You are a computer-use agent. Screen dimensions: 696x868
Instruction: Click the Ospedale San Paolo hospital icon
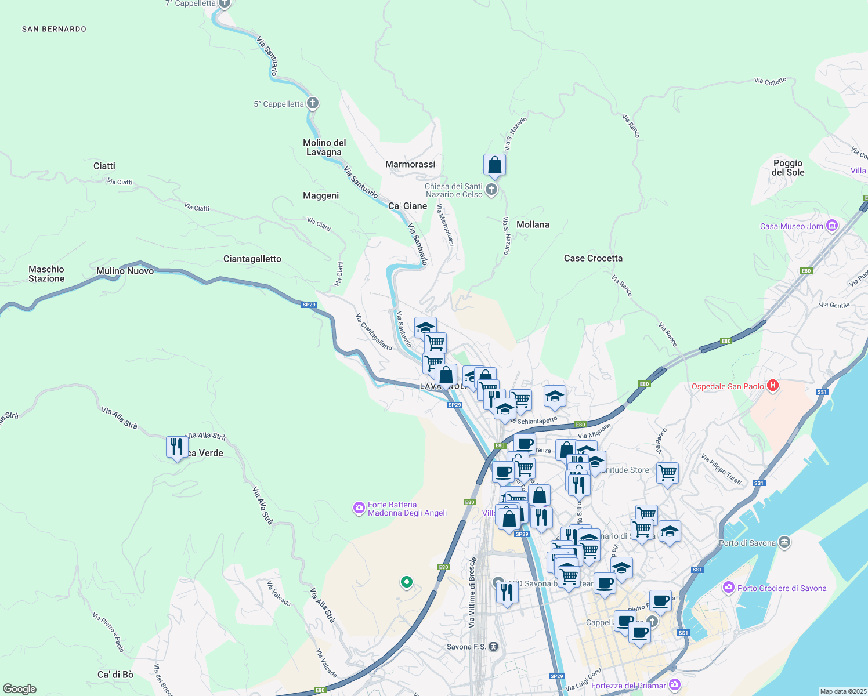[772, 386]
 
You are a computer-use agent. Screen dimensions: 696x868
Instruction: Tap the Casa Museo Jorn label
[791, 226]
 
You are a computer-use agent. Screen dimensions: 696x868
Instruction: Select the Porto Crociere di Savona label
[782, 588]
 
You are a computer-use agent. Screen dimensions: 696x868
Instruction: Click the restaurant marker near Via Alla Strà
[177, 447]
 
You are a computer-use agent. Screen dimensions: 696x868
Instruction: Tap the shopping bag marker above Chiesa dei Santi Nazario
[494, 165]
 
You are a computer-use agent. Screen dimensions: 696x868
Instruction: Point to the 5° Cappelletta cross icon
[313, 104]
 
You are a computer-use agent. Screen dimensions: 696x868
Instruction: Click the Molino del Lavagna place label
[324, 147]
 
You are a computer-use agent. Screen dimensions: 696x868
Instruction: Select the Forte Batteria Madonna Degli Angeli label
[407, 509]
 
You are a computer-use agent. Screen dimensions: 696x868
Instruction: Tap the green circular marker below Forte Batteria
[407, 582]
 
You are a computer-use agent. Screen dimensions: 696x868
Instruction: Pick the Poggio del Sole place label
[788, 168]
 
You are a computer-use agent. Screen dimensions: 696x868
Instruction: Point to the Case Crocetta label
[593, 258]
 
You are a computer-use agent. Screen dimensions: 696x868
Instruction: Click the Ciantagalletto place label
[252, 259]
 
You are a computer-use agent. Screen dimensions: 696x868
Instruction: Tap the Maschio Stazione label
[46, 274]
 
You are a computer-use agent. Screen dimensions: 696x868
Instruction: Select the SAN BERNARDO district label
[54, 29]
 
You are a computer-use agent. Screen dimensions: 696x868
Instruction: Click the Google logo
[20, 689]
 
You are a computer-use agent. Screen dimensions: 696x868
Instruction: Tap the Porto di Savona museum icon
[784, 542]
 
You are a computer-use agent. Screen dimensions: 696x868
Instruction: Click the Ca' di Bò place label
[115, 675]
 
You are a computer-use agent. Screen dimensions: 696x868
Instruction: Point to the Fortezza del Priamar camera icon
[674, 685]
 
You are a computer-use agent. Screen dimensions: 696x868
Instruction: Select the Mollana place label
[533, 224]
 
